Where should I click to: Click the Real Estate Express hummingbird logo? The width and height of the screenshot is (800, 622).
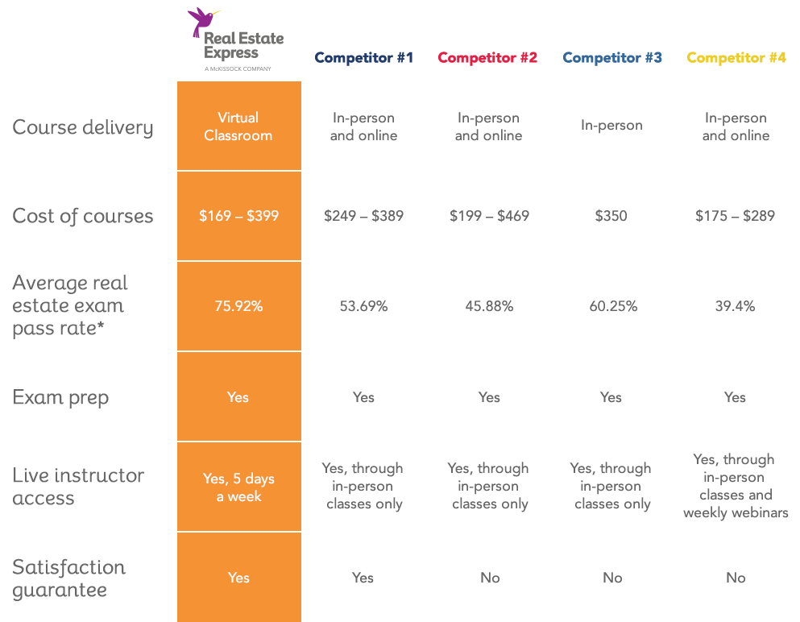(x=235, y=39)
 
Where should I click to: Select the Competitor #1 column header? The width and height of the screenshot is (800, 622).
(x=363, y=58)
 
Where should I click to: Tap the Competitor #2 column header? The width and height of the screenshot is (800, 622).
(x=487, y=58)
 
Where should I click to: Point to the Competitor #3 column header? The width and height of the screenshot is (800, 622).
(x=612, y=58)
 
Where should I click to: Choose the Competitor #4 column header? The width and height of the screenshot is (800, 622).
(x=736, y=58)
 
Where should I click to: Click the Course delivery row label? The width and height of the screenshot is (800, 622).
(x=82, y=127)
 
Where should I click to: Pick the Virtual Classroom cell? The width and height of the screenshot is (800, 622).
(x=238, y=126)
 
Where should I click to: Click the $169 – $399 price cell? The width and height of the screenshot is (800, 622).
(x=238, y=216)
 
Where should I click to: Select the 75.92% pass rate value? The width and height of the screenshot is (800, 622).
(x=238, y=306)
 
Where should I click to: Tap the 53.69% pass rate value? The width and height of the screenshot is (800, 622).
(x=363, y=306)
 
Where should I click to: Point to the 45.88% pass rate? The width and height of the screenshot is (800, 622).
(x=489, y=306)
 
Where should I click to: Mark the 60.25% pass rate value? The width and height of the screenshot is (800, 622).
(x=612, y=306)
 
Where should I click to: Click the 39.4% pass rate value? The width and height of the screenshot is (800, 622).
(x=735, y=306)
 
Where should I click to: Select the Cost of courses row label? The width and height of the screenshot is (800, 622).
(x=82, y=216)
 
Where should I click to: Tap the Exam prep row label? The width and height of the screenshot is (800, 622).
(x=60, y=397)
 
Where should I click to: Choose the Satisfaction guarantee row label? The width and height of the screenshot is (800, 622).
(x=69, y=578)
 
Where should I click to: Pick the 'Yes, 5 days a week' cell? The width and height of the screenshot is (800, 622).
(x=238, y=487)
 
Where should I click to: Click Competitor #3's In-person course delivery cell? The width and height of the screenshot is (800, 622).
(x=612, y=126)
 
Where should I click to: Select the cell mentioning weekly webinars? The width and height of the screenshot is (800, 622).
(x=736, y=486)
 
